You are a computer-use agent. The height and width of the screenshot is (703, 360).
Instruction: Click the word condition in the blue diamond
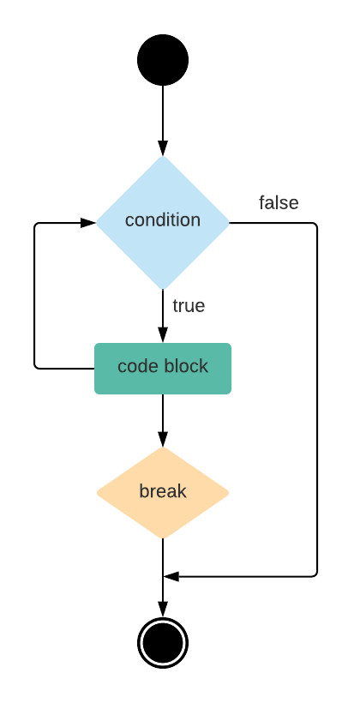point(163,220)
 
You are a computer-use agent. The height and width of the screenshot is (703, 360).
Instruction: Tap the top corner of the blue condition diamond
point(163,157)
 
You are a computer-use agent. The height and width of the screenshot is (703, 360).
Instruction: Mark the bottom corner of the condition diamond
point(163,289)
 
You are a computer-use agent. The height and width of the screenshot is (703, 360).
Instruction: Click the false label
point(279,203)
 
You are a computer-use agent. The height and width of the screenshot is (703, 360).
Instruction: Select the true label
point(189,306)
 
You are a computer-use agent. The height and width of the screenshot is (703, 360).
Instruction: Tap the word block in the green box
point(186,367)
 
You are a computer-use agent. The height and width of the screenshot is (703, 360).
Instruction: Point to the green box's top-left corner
point(95,345)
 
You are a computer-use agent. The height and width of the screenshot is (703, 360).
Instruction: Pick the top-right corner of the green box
point(231,345)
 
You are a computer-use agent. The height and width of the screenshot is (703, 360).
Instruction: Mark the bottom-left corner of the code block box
point(95,394)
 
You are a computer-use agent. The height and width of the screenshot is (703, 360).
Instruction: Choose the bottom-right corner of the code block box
point(231,394)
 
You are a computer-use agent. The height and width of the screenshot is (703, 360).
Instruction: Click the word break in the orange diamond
point(163,492)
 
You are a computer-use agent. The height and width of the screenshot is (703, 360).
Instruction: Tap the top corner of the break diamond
point(163,448)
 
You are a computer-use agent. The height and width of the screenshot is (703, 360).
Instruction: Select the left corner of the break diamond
point(97,493)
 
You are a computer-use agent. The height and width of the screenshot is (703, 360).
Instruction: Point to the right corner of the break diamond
point(229,493)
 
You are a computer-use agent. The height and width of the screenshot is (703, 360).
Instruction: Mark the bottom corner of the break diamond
point(163,538)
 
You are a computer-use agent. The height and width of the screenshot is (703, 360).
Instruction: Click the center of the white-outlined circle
point(163,643)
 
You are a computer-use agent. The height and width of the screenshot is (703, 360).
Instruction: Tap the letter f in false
point(262,203)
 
